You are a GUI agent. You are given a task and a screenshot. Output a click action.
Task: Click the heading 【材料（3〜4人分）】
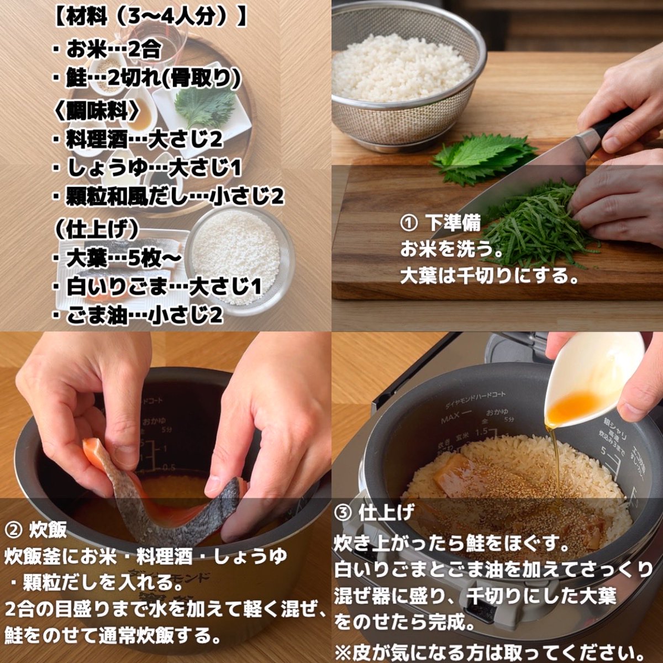pos(150,18)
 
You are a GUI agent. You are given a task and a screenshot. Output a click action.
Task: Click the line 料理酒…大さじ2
pos(138,140)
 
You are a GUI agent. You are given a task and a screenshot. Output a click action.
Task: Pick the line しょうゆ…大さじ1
pos(148,168)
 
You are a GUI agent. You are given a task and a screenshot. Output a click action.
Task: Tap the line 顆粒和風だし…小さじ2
pos(169,197)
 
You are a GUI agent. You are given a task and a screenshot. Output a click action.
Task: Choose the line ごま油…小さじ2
pos(138,315)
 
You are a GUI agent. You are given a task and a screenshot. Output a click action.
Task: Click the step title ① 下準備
pos(440,224)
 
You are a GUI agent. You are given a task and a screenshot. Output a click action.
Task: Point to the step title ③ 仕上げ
pos(374,513)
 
